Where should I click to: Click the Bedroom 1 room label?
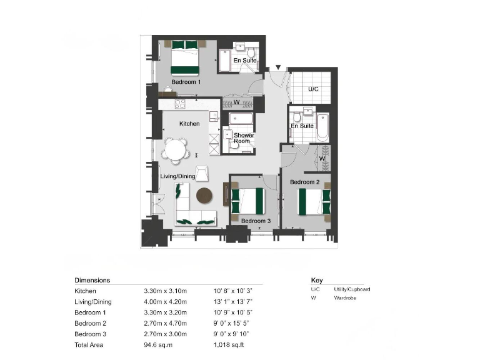click(186, 82)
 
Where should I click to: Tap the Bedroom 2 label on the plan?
click(304, 182)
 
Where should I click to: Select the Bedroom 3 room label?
click(256, 221)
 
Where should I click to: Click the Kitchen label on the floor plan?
click(189, 124)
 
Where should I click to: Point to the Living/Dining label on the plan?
click(177, 176)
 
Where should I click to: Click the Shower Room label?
click(242, 138)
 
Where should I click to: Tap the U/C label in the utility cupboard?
click(313, 90)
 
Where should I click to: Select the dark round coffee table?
click(205, 196)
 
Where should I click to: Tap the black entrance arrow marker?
click(277, 67)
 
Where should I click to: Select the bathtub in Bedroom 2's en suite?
click(322, 127)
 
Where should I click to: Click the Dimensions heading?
click(92, 281)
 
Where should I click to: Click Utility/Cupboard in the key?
click(348, 289)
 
